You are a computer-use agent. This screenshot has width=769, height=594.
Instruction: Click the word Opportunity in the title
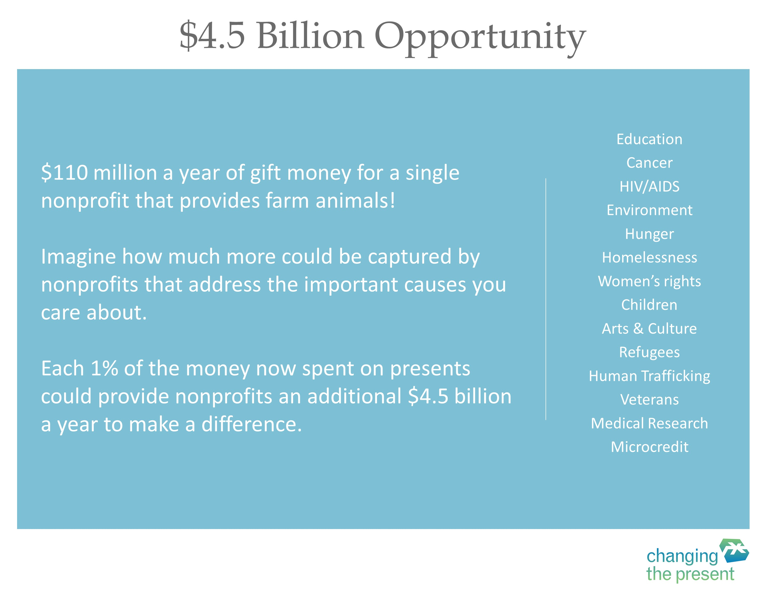click(480, 38)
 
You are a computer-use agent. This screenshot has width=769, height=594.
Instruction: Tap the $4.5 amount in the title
click(212, 35)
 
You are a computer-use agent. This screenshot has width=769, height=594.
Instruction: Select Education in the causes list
click(649, 139)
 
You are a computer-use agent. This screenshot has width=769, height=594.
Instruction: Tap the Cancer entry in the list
click(649, 163)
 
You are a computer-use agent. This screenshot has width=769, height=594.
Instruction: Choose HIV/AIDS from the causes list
click(649, 187)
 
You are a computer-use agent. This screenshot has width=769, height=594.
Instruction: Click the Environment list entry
click(649, 210)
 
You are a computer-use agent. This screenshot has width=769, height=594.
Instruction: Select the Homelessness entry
click(649, 257)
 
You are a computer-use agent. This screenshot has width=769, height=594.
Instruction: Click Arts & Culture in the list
click(649, 328)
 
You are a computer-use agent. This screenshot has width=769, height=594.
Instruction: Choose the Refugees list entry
click(649, 353)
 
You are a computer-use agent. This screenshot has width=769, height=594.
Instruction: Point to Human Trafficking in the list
click(649, 376)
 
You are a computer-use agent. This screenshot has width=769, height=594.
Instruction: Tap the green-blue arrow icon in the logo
click(734, 551)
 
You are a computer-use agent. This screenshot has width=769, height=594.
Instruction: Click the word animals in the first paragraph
click(356, 201)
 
